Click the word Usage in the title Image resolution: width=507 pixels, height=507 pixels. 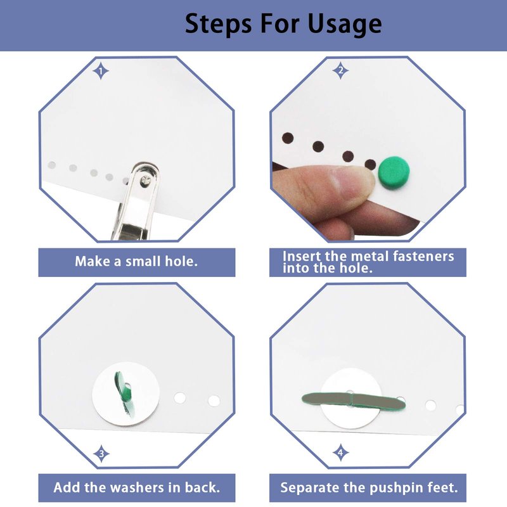345,24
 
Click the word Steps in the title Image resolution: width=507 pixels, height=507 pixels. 218,23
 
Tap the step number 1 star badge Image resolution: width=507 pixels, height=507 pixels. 101,71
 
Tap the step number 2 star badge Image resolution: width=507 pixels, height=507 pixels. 340,70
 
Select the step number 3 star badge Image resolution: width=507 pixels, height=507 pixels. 101,454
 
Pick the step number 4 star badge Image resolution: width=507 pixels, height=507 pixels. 340,452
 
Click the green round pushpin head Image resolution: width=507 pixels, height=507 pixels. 394,172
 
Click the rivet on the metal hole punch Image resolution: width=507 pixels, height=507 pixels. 145,181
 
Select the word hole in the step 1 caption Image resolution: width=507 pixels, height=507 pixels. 181,261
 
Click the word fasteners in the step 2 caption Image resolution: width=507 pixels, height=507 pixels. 423,257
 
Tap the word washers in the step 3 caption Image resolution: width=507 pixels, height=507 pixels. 134,487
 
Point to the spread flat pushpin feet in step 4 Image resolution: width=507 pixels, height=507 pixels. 354,401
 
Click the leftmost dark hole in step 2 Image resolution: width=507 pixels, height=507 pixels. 288,138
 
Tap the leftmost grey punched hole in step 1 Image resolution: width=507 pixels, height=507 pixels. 52,165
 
